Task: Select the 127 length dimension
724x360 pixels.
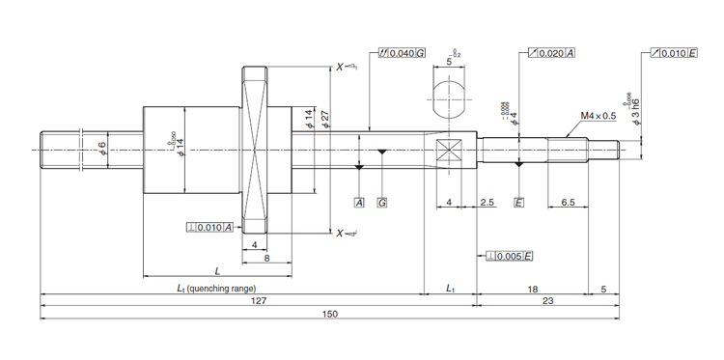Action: click(x=257, y=300)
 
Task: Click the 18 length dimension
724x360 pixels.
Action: click(x=534, y=287)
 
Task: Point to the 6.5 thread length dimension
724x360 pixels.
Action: click(x=569, y=204)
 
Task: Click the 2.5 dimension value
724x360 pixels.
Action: click(x=487, y=204)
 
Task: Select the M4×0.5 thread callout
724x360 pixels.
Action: click(x=598, y=116)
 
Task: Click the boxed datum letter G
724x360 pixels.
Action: click(x=382, y=204)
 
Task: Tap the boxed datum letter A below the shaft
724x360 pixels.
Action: click(x=358, y=204)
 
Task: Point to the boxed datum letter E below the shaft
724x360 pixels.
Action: click(x=518, y=204)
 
